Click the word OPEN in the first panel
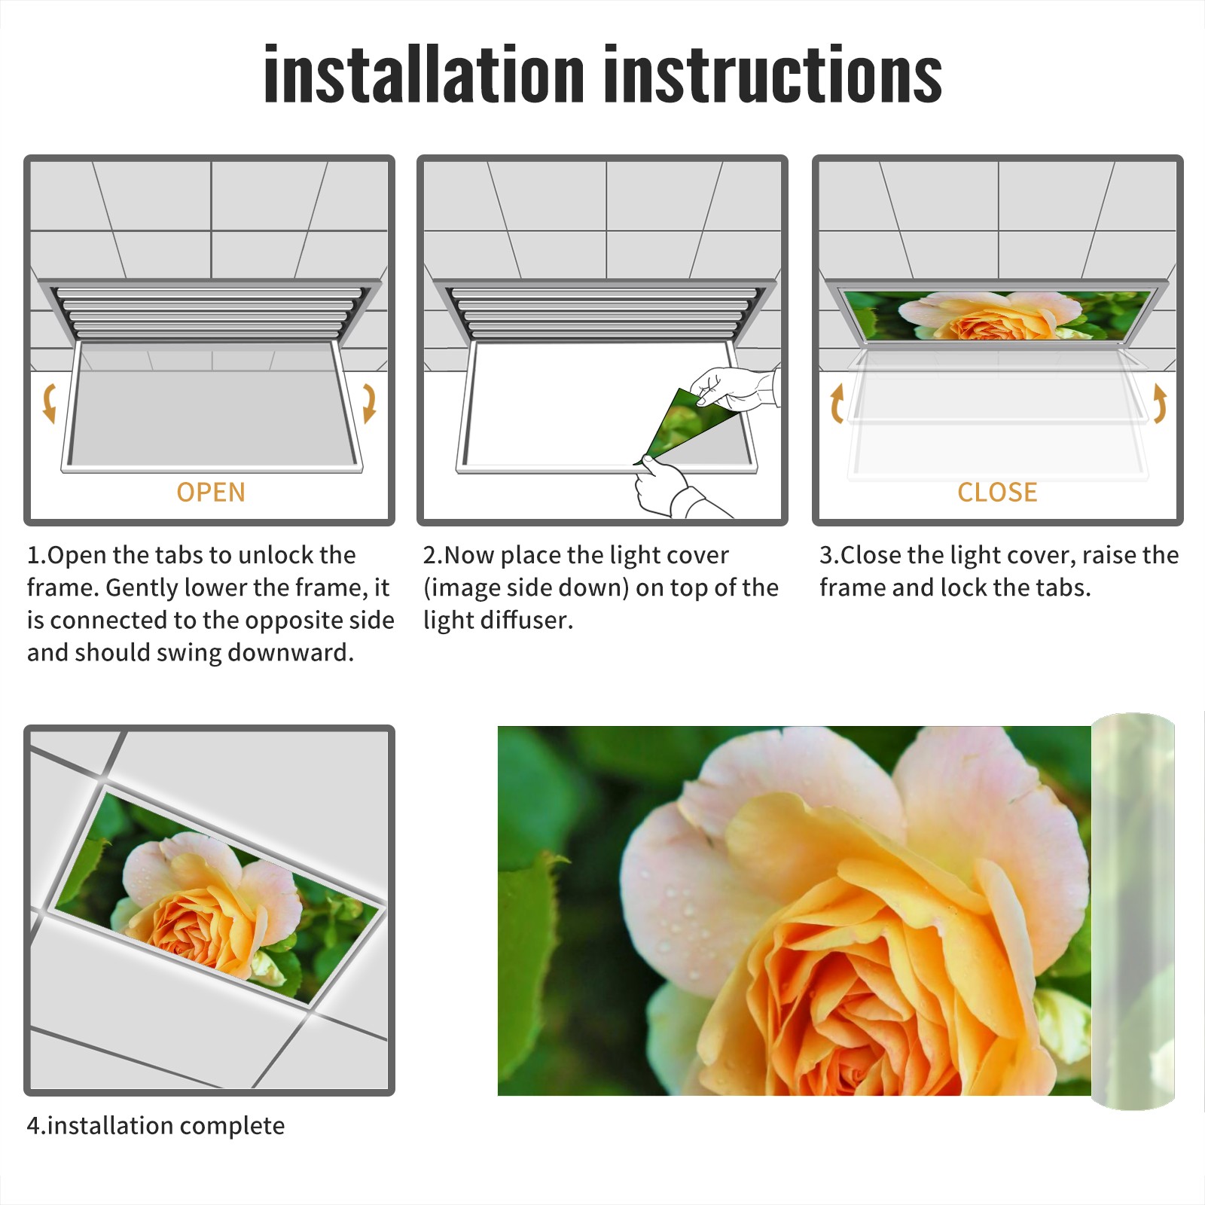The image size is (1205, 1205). [211, 493]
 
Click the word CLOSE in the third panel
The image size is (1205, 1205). [997, 493]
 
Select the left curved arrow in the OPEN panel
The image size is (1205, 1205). [48, 404]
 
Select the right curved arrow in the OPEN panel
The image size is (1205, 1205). [369, 404]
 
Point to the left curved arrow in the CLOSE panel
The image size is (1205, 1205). [837, 404]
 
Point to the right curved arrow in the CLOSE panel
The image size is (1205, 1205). [1160, 404]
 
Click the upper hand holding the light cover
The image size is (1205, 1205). [734, 388]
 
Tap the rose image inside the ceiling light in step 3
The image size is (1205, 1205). [997, 316]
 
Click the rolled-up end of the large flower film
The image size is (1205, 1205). [1133, 911]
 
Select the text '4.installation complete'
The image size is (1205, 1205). [156, 1126]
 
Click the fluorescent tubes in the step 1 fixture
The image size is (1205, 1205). [209, 313]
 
